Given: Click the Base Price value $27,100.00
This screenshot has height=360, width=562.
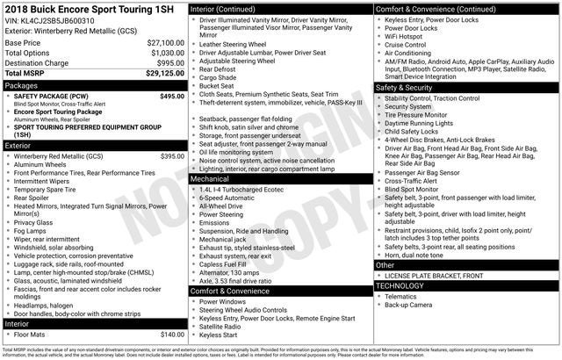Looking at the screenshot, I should (x=166, y=42).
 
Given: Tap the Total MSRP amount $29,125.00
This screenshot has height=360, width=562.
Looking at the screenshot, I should (x=164, y=74).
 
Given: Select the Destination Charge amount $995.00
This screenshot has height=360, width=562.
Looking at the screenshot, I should (x=170, y=63).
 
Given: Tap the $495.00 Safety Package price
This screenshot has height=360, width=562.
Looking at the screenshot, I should (x=172, y=97).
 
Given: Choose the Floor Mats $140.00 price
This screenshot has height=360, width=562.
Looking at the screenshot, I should (x=172, y=335).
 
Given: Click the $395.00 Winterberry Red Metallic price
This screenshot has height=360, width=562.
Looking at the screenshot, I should (x=172, y=156).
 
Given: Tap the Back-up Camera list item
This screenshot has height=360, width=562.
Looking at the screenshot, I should (x=408, y=305).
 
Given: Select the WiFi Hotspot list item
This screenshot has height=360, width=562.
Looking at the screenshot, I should (x=408, y=36).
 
